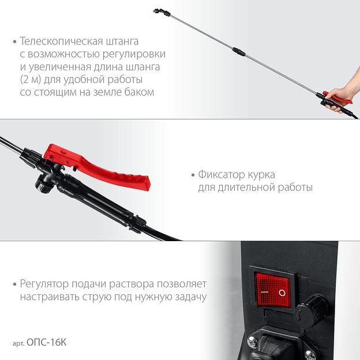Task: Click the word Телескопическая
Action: [x=61, y=42]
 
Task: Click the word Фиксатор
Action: [x=222, y=175]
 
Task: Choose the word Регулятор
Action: [x=44, y=284]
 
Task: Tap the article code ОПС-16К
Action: [x=46, y=343]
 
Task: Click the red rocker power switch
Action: [x=273, y=290]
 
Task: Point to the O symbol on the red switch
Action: [x=282, y=292]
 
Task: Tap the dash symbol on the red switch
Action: [x=264, y=292]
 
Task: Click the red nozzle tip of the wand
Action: [x=155, y=10]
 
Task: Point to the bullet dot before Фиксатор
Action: [x=193, y=175]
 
